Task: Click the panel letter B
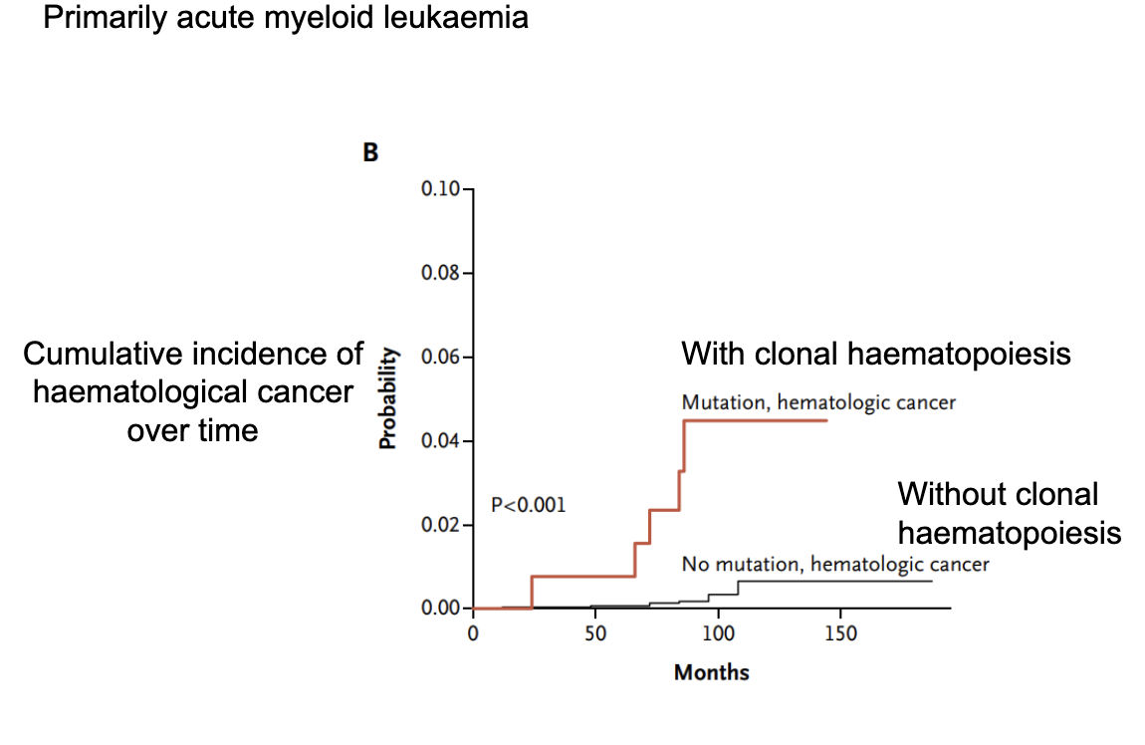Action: click(370, 154)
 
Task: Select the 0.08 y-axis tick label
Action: click(441, 273)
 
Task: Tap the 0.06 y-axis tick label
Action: click(441, 357)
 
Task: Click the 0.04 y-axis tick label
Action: click(441, 440)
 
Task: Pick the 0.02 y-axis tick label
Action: click(441, 524)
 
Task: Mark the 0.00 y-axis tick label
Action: click(441, 608)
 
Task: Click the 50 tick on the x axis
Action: click(595, 633)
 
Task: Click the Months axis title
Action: click(711, 672)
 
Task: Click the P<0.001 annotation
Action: click(528, 505)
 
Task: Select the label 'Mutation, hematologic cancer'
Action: click(818, 402)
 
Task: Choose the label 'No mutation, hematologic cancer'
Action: click(835, 565)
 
